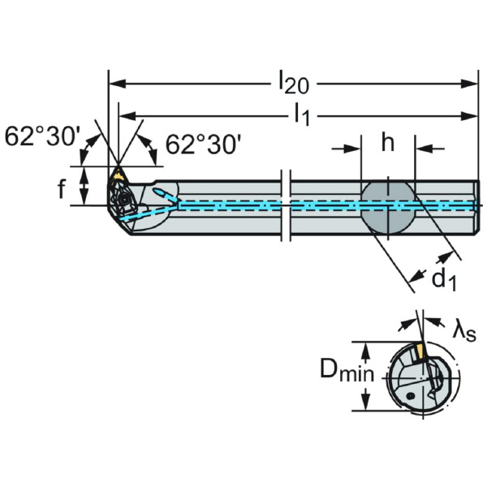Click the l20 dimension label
pos(293,82)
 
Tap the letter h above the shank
pos(387,144)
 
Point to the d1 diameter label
pos(442,280)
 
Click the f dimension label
pos(61,188)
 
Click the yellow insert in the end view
pos(420,353)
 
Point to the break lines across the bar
pos(285,206)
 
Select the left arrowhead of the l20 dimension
pos(114,82)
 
